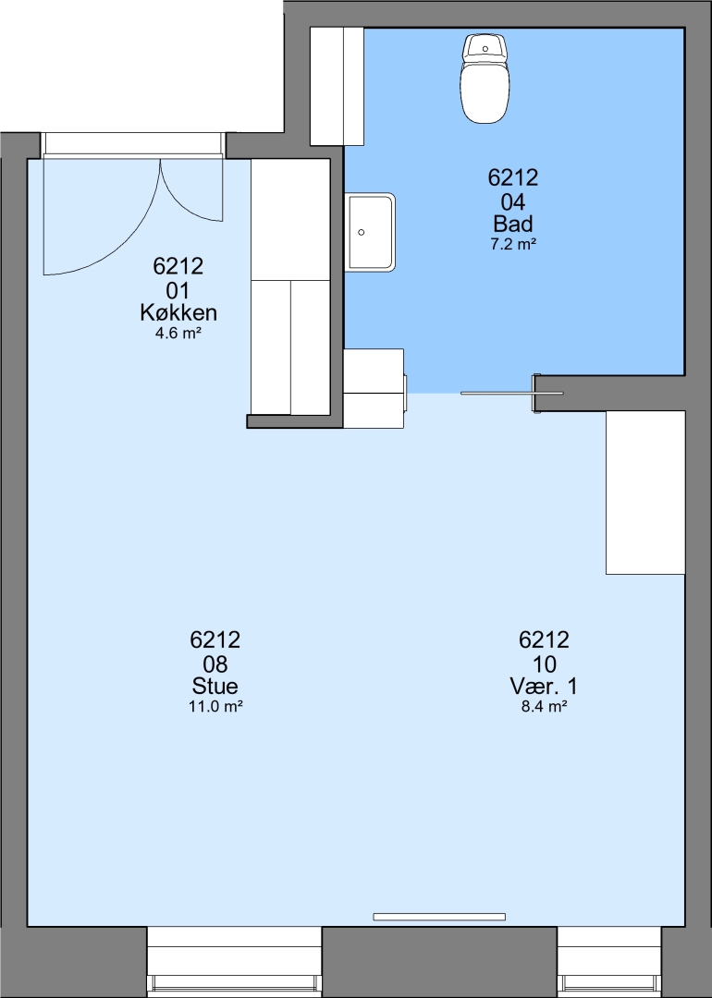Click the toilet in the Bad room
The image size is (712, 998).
485,79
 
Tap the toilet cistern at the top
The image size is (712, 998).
485,47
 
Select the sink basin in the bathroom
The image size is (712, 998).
372,232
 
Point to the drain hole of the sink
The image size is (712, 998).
362,232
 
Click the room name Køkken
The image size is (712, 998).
178,312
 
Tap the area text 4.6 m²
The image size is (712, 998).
178,333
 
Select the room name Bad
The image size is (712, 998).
512,224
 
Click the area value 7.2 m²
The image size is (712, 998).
512,244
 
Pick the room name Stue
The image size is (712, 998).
215,686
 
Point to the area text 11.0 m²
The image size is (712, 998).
215,706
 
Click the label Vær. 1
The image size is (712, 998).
544,686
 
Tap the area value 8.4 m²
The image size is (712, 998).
544,706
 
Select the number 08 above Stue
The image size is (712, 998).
215,663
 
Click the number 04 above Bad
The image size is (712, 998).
512,201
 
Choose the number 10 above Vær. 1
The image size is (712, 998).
544,663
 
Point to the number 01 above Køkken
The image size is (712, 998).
178,291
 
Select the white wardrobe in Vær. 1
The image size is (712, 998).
645,493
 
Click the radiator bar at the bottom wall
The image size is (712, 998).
439,917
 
